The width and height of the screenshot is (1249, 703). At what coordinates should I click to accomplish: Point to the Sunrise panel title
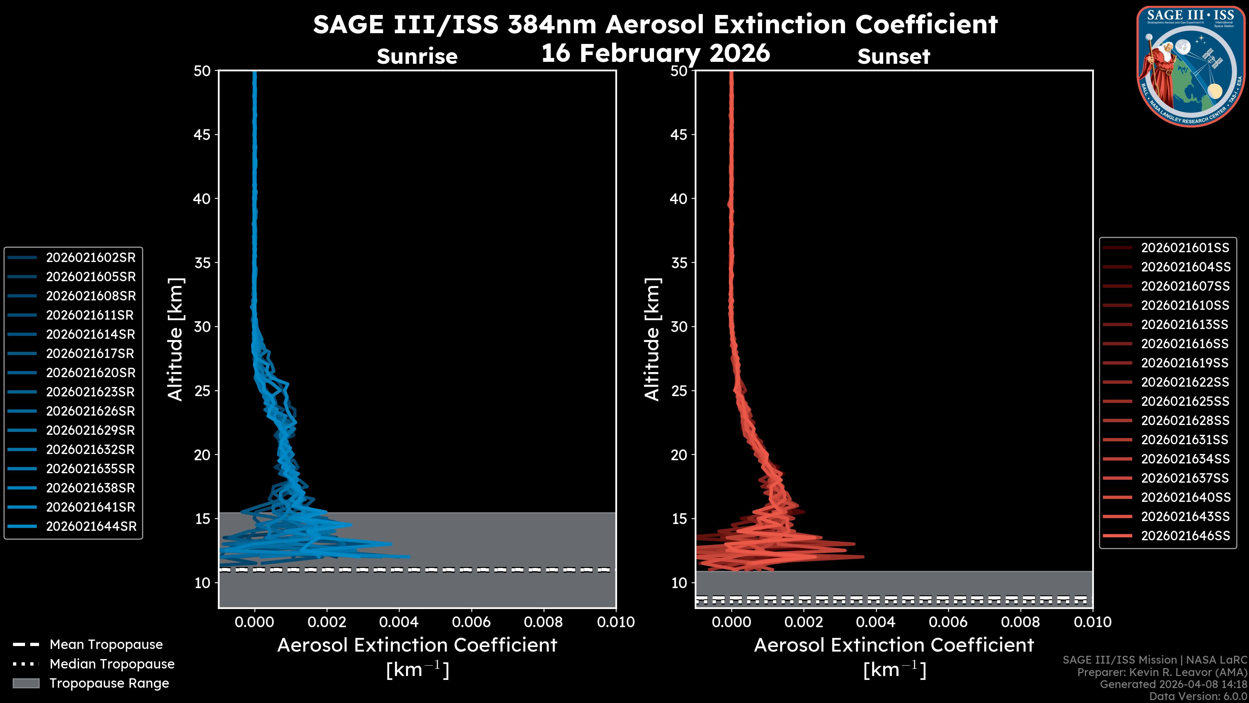click(417, 57)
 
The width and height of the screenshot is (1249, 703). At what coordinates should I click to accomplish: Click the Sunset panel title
click(893, 57)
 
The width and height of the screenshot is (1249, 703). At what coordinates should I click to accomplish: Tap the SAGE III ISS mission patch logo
click(1190, 66)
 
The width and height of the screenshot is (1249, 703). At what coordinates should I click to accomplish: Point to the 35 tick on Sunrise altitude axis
click(202, 263)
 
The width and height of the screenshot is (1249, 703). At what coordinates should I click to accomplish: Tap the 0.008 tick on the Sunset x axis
click(1021, 622)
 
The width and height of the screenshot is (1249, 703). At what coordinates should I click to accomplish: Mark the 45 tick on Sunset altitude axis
click(679, 135)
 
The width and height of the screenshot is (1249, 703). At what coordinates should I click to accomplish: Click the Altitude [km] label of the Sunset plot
click(652, 339)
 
